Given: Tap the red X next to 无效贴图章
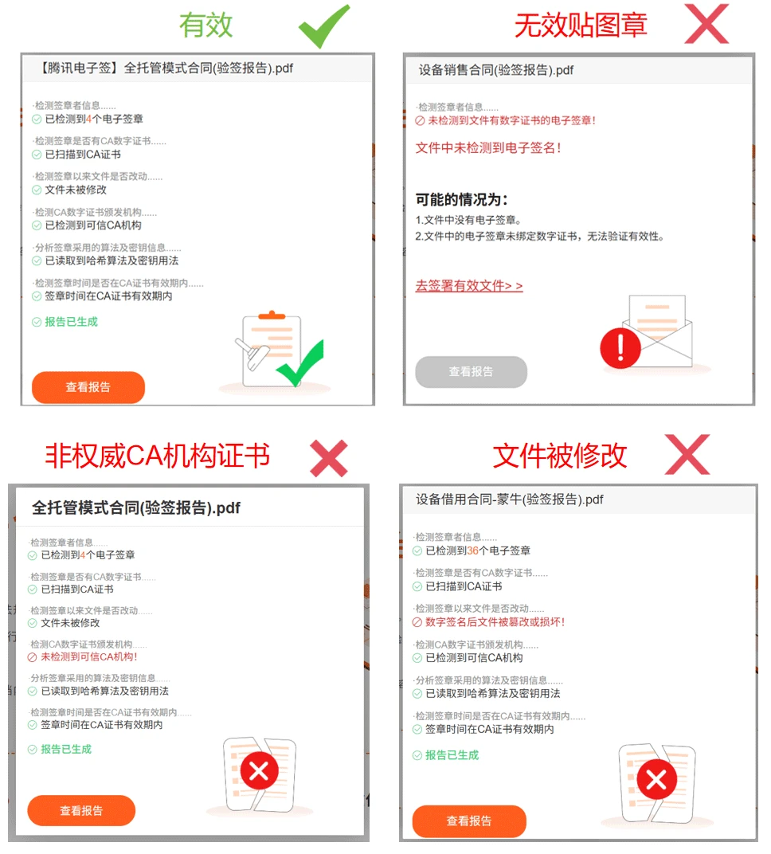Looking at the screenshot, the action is click(x=706, y=23).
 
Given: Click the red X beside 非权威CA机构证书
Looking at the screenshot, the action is click(x=329, y=458).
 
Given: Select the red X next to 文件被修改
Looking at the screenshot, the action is click(x=687, y=454).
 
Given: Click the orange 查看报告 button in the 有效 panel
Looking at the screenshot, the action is click(x=88, y=387).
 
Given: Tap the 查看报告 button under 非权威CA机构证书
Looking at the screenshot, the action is click(x=81, y=810).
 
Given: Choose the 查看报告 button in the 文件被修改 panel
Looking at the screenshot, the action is click(x=469, y=821).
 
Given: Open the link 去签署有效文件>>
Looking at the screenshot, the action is click(x=469, y=286).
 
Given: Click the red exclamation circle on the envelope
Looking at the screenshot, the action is click(x=620, y=348).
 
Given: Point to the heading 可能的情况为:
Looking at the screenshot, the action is click(x=462, y=199).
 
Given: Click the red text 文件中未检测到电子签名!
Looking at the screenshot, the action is click(x=488, y=147).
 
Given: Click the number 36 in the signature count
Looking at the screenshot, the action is click(x=472, y=550).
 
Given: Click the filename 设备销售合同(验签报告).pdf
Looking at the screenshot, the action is click(x=495, y=70).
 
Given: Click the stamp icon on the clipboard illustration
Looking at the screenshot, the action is click(x=252, y=354).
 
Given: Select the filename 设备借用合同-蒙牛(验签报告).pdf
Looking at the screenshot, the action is click(x=509, y=499).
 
